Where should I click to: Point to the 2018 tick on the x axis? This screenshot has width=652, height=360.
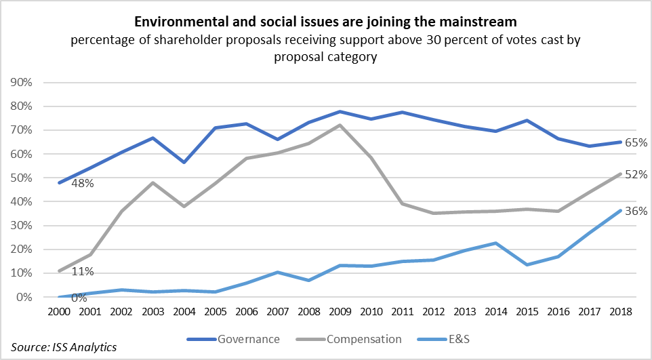620,312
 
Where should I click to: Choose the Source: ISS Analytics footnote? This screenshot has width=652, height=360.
63,348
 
